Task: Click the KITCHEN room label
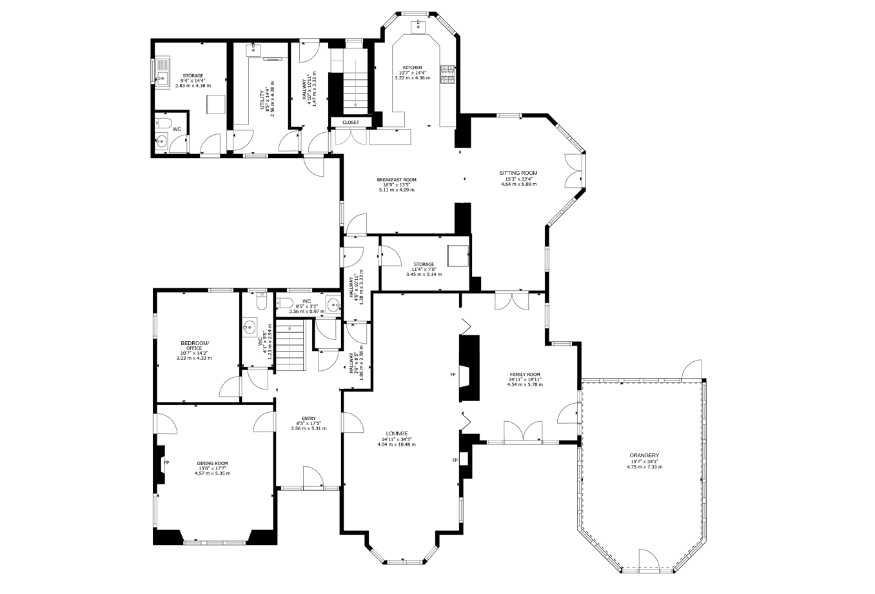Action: coord(413,68)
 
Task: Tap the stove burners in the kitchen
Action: coord(448,74)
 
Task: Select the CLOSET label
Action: coord(350,123)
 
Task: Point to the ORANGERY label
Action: coord(644,455)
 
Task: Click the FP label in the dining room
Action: coord(166,462)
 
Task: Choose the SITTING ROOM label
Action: coord(518,173)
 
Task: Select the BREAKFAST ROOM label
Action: coord(397,180)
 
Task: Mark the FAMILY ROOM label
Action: coord(525,374)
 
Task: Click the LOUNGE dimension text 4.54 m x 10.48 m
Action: coord(397,444)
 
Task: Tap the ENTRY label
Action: coord(309,418)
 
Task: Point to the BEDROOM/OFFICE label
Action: coord(195,346)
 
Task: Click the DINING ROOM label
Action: coord(212,463)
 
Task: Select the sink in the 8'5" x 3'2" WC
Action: coord(333,304)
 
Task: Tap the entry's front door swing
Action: coord(313,477)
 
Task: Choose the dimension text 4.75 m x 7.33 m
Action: coord(645,466)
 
